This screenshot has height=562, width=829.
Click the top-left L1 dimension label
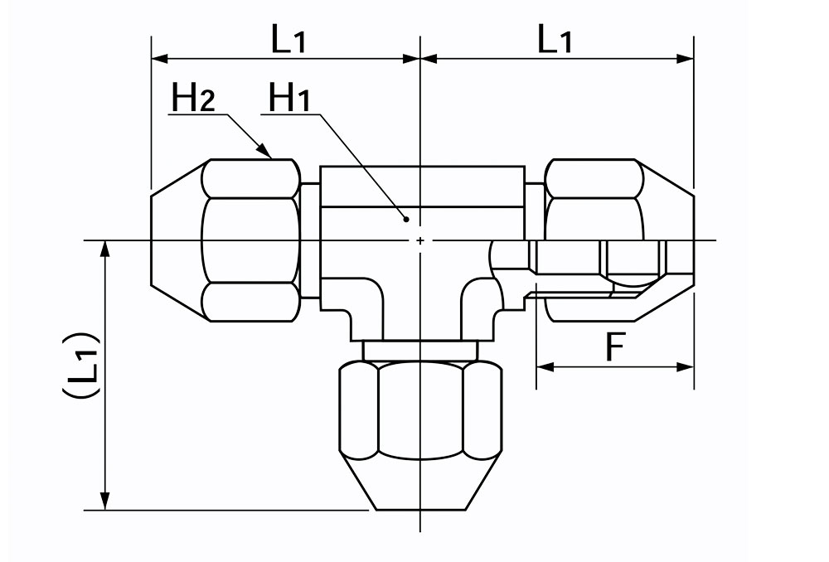288,39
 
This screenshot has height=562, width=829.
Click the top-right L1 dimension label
555,39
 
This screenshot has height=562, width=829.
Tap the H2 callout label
193,98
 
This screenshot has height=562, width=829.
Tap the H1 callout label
289,98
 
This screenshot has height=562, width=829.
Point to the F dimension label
615,346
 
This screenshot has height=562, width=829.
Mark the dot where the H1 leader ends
406,218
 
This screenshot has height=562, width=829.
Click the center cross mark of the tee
419,240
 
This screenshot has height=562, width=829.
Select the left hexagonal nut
225,240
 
